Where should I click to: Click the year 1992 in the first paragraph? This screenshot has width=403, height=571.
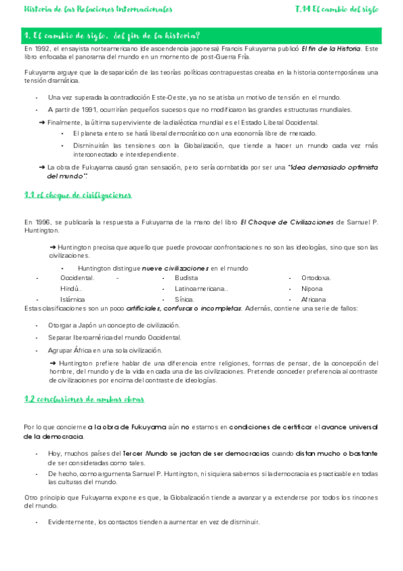[43, 49]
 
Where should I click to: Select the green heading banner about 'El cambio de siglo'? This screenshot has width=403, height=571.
[201, 36]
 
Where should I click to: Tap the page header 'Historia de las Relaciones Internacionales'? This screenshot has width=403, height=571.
[98, 10]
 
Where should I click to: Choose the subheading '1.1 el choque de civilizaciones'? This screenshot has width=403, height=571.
[77, 195]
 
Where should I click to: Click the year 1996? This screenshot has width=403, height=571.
[43, 222]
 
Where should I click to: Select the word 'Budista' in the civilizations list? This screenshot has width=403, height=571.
[186, 259]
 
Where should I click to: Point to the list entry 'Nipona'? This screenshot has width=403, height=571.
[312, 269]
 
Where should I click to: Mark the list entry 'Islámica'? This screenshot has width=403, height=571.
[73, 280]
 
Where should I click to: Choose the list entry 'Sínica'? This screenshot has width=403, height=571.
[184, 280]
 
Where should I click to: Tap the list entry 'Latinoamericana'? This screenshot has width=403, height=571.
[200, 269]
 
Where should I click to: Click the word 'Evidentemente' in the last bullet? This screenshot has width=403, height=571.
[71, 522]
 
